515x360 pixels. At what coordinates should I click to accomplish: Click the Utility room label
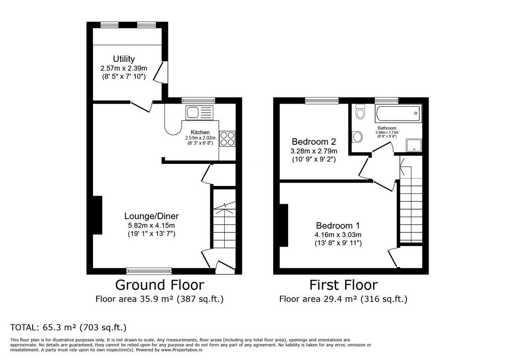124,59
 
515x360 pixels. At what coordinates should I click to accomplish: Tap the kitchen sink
200,113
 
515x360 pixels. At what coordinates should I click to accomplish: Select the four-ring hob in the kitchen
227,138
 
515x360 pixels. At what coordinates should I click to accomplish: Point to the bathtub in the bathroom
398,114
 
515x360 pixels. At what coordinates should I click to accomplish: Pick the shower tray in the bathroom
414,145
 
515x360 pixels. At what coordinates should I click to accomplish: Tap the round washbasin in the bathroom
357,137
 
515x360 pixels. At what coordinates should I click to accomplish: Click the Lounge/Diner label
151,216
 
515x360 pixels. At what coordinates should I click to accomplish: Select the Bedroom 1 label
337,226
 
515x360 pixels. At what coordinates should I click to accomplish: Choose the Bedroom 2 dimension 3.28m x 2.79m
314,151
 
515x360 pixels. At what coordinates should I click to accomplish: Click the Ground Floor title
159,285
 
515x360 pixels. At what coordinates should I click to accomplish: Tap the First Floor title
344,285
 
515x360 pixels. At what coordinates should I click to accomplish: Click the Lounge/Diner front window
149,271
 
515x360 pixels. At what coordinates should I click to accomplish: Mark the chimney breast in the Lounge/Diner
98,215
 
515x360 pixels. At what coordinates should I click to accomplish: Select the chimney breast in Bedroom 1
284,225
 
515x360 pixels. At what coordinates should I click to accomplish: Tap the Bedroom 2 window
322,101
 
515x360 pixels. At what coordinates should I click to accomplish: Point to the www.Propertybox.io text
182,350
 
